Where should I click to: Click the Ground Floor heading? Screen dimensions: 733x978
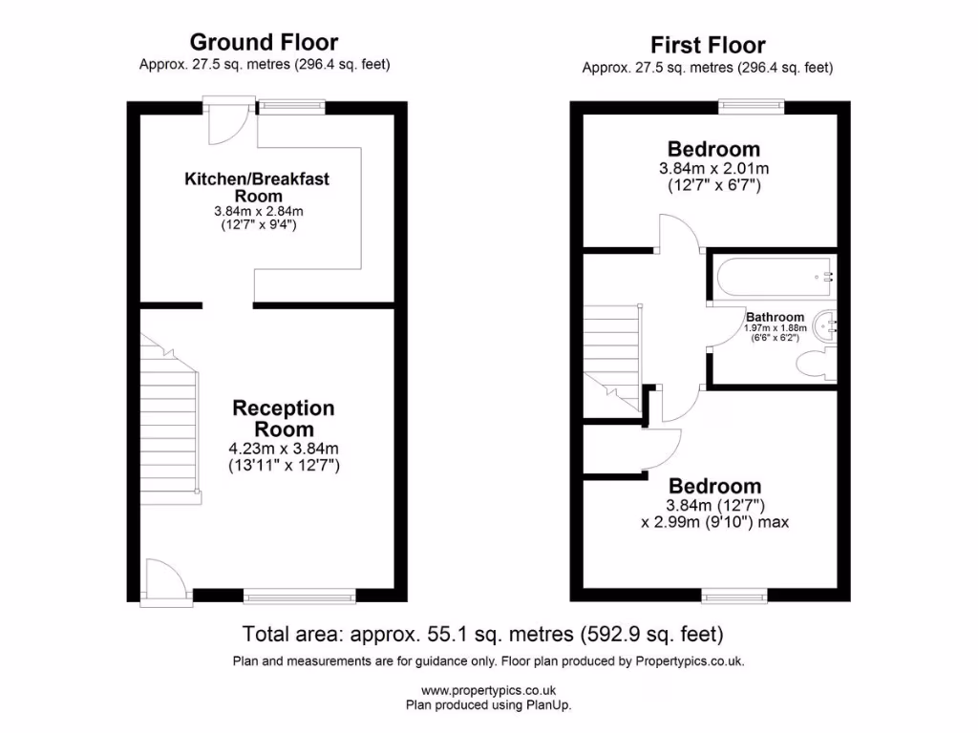pyautogui.click(x=264, y=42)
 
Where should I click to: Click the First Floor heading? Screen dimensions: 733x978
pyautogui.click(x=708, y=45)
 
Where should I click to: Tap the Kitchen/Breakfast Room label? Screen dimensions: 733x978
pyautogui.click(x=263, y=186)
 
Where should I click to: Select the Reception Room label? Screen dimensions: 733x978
pyautogui.click(x=284, y=418)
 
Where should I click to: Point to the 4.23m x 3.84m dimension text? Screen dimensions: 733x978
pyautogui.click(x=284, y=448)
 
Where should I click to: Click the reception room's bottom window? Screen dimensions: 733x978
pyautogui.click(x=300, y=597)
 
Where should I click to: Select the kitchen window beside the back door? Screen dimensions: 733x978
pyautogui.click(x=291, y=107)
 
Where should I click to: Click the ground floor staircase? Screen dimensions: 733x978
pyautogui.click(x=170, y=420)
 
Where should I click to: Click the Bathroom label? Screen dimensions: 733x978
pyautogui.click(x=775, y=317)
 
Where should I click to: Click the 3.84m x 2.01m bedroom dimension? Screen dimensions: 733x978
pyautogui.click(x=713, y=168)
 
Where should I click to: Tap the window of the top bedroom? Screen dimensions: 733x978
pyautogui.click(x=752, y=107)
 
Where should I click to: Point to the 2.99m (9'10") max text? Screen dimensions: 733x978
pyautogui.click(x=714, y=522)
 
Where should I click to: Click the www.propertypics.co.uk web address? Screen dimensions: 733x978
pyautogui.click(x=488, y=691)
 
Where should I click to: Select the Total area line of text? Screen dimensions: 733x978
pyautogui.click(x=482, y=634)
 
